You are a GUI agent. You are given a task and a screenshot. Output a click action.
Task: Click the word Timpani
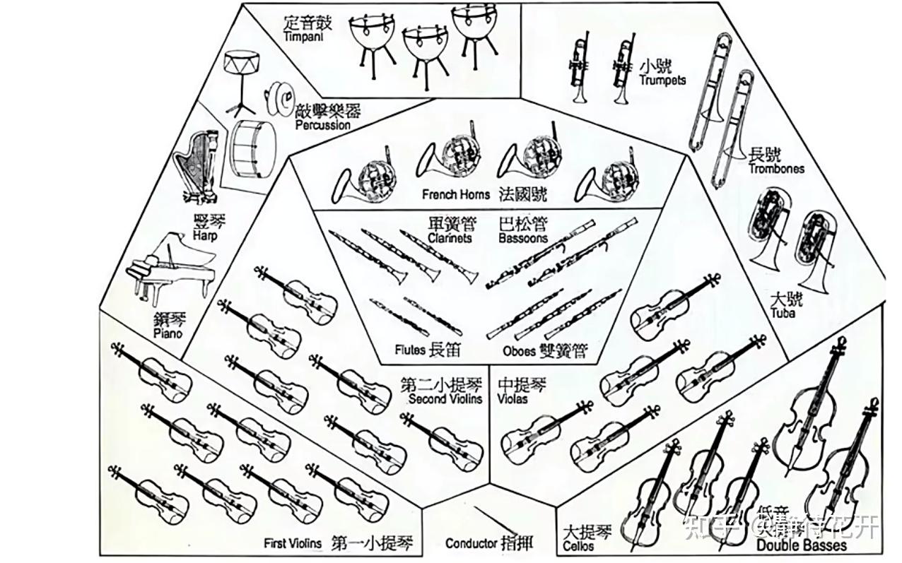(302, 37)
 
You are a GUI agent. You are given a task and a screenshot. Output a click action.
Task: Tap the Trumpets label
(662, 81)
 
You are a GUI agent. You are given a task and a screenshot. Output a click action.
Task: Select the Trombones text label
(776, 169)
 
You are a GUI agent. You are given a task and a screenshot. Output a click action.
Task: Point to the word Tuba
(783, 313)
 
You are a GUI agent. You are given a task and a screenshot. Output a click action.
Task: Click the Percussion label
(322, 125)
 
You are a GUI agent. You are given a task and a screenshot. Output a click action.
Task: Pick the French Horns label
(456, 194)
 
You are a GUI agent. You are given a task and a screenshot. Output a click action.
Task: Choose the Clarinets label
(450, 239)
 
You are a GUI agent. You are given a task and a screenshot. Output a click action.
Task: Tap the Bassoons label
(523, 239)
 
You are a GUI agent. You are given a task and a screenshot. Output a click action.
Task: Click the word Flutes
(410, 350)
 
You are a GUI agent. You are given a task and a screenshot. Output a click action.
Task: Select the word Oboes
(520, 350)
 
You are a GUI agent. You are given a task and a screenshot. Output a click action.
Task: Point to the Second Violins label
(445, 399)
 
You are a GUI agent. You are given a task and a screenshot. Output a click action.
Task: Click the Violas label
(512, 399)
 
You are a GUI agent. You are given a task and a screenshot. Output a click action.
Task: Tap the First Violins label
(293, 543)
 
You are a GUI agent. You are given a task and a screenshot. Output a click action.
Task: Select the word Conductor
(471, 543)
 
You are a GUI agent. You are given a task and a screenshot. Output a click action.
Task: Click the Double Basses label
(801, 545)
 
